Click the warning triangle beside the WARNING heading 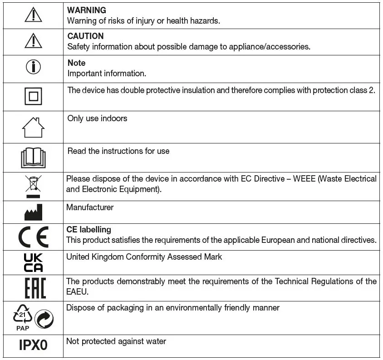coord(33,15)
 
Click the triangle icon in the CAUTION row coord(33,42)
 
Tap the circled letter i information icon coord(33,67)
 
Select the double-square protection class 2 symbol coord(33,97)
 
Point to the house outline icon coord(33,128)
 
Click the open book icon coord(34,158)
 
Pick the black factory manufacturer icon coord(33,212)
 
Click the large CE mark coord(33,237)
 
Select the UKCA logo coord(33,262)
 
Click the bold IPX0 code coord(33,345)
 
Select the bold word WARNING coord(87,10)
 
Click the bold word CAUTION coord(85,36)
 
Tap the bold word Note coord(76,63)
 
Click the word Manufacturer coord(90,207)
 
